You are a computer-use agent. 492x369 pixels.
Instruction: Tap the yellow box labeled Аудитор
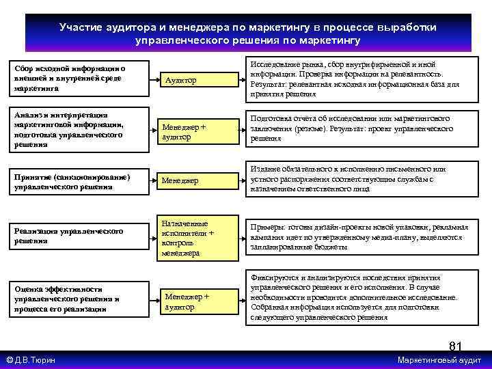point(193,80)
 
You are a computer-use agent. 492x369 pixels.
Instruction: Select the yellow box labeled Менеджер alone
point(193,180)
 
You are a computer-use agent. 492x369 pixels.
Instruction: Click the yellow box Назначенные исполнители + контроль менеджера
point(193,238)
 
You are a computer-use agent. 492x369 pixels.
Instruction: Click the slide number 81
point(456,346)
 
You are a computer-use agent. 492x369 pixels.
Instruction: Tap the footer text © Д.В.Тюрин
point(31,360)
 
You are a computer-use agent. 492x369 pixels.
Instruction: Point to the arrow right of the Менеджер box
point(236,180)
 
